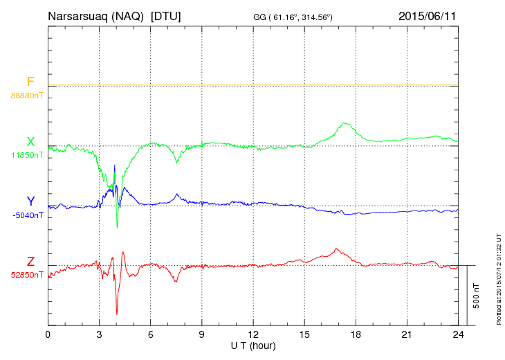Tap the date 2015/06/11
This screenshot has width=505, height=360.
(426, 15)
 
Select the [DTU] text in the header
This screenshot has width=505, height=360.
(165, 15)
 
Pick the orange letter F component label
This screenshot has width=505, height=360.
(30, 82)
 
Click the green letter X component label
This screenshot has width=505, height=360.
(30, 142)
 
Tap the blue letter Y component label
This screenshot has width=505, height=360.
(30, 201)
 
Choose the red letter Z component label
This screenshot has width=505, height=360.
(30, 262)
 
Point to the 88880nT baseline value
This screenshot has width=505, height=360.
(26, 95)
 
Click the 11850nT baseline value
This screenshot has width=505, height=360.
(26, 155)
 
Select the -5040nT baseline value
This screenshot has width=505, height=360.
(27, 215)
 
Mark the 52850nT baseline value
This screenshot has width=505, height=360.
(26, 275)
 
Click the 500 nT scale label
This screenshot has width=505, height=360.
(477, 296)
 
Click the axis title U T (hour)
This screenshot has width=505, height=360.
(253, 345)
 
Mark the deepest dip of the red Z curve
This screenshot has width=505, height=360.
(117, 314)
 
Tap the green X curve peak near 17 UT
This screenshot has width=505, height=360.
(344, 123)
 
